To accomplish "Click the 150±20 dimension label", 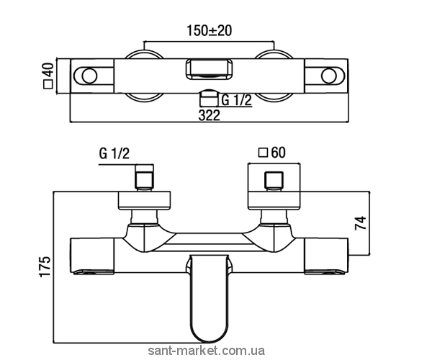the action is [x=210, y=30].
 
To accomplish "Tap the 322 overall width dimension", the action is [x=210, y=115].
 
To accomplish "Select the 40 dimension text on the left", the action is [x=48, y=71].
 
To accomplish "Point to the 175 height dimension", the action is [x=45, y=266].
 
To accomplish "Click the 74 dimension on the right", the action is [x=361, y=222].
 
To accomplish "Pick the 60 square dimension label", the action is [x=278, y=153].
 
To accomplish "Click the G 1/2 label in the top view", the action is [x=237, y=100].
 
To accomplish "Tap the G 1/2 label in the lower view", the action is [x=114, y=153].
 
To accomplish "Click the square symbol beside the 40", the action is [x=48, y=84].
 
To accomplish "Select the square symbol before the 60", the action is [x=264, y=153].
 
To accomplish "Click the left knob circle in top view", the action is [x=89, y=76].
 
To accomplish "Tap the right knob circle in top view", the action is [x=329, y=76].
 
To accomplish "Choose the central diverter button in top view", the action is [x=209, y=70].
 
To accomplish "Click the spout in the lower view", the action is [x=209, y=297].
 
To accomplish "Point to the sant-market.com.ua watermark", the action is [x=207, y=351].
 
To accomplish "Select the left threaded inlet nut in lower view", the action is [x=145, y=178].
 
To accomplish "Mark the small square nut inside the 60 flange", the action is [x=274, y=180].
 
